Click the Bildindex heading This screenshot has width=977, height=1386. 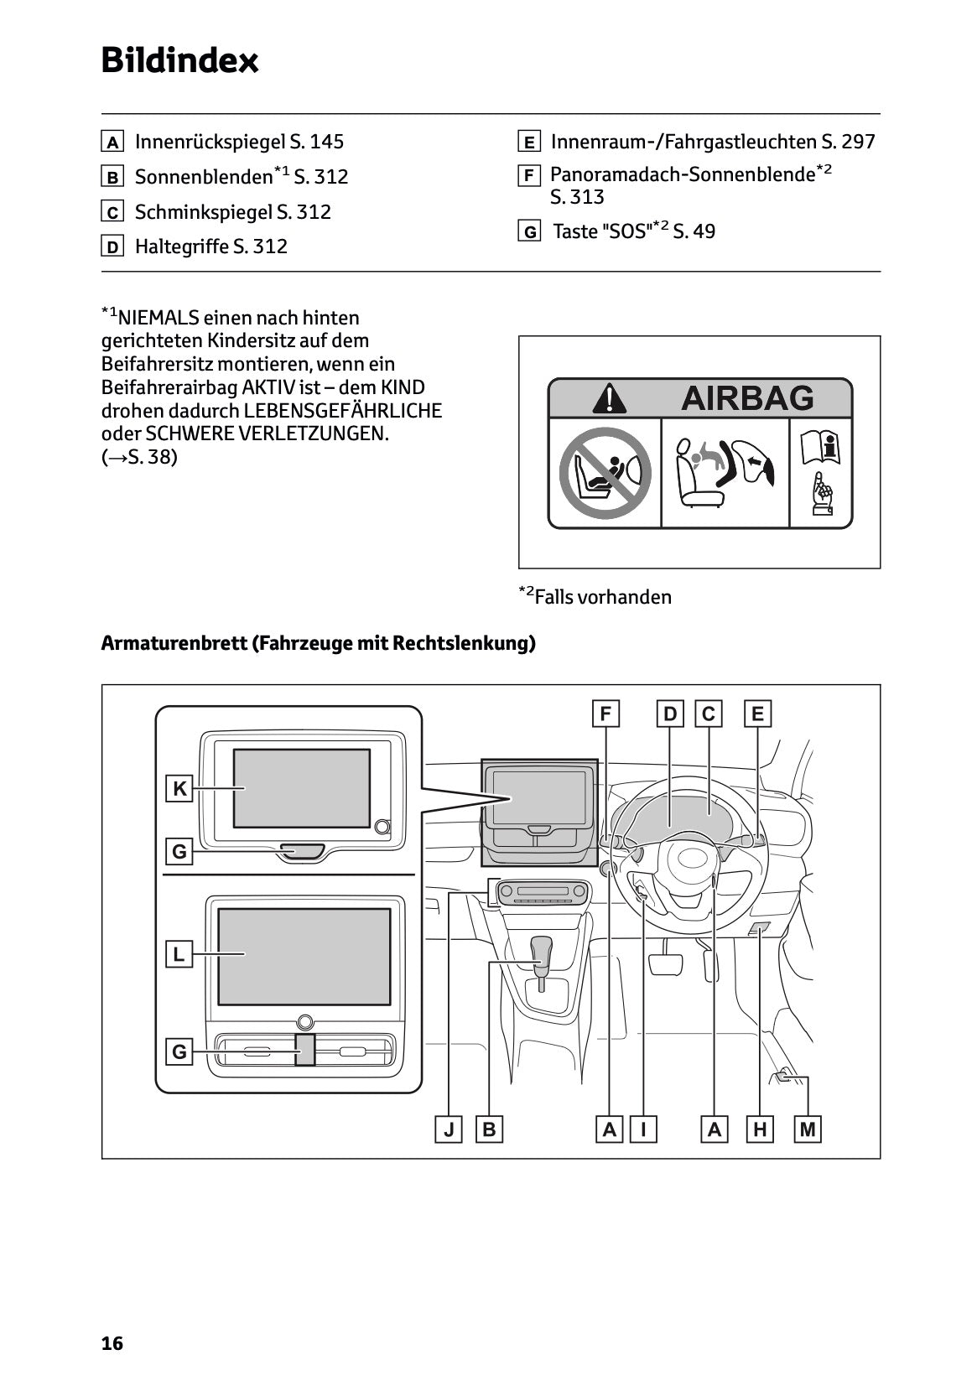click(179, 60)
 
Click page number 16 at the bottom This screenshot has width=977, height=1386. click(112, 1343)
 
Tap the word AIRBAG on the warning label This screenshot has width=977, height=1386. click(746, 397)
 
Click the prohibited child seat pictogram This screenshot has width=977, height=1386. click(605, 473)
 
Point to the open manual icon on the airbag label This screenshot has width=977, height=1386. click(820, 447)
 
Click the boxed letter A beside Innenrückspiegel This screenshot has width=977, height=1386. click(112, 142)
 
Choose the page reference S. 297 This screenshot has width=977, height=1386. click(848, 142)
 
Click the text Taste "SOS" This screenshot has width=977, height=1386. click(601, 231)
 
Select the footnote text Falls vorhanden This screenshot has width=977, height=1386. click(602, 597)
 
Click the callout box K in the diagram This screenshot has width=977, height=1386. click(179, 788)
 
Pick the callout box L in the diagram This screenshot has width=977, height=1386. click(179, 954)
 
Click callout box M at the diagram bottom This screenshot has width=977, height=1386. click(808, 1129)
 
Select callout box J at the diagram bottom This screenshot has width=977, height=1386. click(450, 1129)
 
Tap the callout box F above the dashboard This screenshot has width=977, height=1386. click(605, 714)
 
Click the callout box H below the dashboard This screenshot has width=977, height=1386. click(760, 1129)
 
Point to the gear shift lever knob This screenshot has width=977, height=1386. click(543, 949)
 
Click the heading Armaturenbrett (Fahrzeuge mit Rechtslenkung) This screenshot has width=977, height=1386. click(318, 643)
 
